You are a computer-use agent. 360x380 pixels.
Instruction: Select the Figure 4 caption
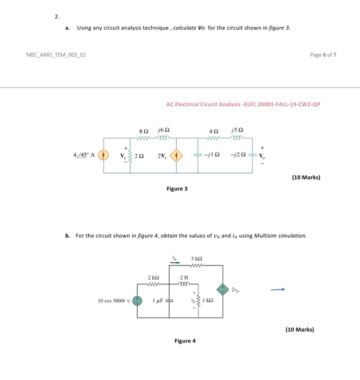(x=185, y=341)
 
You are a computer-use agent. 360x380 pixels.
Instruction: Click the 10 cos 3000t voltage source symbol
(x=138, y=300)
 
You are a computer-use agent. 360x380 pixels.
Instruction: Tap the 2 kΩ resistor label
(x=153, y=277)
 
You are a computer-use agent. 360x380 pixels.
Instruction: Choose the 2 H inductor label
(x=184, y=277)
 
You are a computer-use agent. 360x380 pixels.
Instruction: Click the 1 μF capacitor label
(x=159, y=300)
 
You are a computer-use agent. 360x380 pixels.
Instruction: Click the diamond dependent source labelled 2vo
(x=222, y=289)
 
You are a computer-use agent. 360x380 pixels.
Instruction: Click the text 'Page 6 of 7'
(x=324, y=55)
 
